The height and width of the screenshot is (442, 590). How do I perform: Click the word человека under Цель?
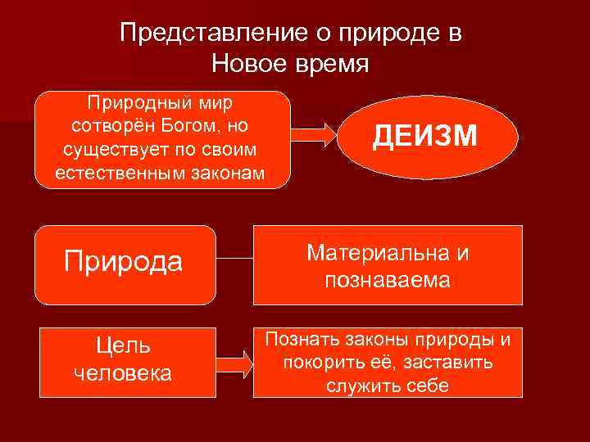click(124, 373)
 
